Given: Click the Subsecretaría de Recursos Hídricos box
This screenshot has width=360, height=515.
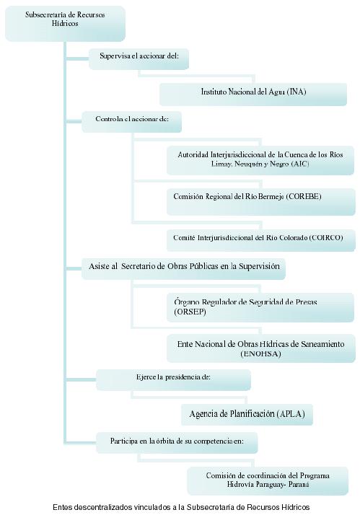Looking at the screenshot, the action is [x=65, y=24].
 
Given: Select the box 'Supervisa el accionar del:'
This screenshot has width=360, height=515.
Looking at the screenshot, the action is [x=139, y=59].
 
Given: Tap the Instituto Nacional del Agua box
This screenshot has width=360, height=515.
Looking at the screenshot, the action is [x=253, y=94].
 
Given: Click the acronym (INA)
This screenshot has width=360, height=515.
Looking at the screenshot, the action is [x=297, y=92].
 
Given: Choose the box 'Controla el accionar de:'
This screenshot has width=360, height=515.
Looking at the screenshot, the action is [x=131, y=122].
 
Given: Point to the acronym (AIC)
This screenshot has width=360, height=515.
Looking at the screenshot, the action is [x=300, y=164].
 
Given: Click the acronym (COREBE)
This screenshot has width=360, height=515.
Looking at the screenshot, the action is [x=304, y=196].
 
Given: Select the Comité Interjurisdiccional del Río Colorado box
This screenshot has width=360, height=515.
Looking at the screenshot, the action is [x=261, y=240].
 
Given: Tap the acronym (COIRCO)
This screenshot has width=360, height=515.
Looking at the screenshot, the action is [x=326, y=237].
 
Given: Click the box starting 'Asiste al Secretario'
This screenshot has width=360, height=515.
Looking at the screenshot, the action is [x=183, y=269].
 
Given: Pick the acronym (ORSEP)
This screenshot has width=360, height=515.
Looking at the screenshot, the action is [x=190, y=312].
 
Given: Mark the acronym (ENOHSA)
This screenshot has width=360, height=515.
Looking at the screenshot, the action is [x=261, y=353].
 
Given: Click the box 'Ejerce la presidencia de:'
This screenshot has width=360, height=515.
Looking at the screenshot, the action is [x=173, y=380].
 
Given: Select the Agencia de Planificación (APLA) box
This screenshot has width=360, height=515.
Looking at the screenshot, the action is [x=247, y=415].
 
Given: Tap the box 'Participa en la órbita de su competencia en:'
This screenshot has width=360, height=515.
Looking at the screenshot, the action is [x=177, y=443].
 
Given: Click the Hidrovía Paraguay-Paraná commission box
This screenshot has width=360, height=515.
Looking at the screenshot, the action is [x=268, y=481].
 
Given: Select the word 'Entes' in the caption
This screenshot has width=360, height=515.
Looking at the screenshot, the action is [x=63, y=507].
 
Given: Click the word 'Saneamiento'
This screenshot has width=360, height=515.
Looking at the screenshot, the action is [x=322, y=344].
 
